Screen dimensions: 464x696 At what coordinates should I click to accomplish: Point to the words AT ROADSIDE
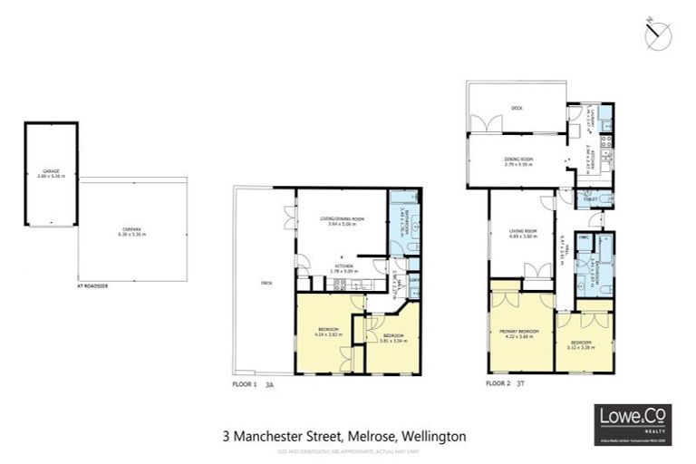(x=92, y=286)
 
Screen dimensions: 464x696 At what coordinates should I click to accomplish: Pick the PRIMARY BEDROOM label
(x=519, y=332)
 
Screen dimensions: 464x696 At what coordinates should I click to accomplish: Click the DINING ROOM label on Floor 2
(x=519, y=161)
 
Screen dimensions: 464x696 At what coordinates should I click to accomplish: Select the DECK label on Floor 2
(x=517, y=108)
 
